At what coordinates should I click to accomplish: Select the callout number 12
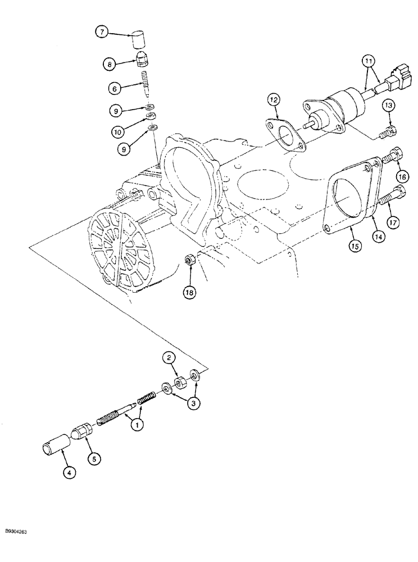click(272, 100)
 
